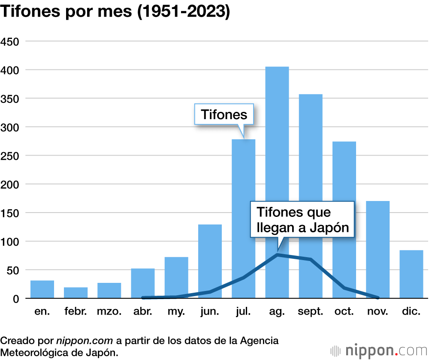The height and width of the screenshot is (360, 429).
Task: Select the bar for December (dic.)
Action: click(411, 274)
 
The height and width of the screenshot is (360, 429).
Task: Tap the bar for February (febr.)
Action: click(76, 293)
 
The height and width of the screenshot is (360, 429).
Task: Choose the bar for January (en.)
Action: click(42, 289)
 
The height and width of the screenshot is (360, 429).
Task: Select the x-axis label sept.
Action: click(311, 312)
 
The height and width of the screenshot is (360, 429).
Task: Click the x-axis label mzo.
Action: click(109, 312)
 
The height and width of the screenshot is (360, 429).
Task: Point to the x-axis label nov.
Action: click(378, 312)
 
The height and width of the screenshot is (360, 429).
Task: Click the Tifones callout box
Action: click(224, 114)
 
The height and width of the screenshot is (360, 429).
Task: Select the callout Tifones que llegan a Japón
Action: click(302, 219)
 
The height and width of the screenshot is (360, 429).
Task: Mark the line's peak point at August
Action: click(277, 255)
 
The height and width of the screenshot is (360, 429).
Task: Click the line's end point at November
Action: click(378, 297)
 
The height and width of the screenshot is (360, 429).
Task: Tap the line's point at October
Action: click(344, 288)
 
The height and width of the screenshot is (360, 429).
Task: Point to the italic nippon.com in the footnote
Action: click(85, 341)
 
